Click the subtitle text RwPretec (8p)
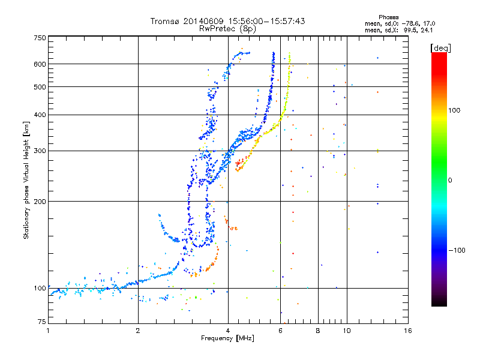point(227,29)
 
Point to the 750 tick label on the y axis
point(40,38)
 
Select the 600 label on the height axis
point(40,64)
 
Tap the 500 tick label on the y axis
point(40,87)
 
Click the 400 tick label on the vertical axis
point(40,115)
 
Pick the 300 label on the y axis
point(40,151)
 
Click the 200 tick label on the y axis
point(40,202)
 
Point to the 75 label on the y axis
point(42,322)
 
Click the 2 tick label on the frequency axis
point(138,331)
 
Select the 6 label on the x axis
point(280,331)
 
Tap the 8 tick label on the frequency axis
point(318,331)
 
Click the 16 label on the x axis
point(408,331)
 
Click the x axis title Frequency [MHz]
point(227,338)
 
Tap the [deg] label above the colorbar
point(440,48)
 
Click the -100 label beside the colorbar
point(457,250)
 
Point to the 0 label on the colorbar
point(450,181)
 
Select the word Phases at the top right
point(388,17)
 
